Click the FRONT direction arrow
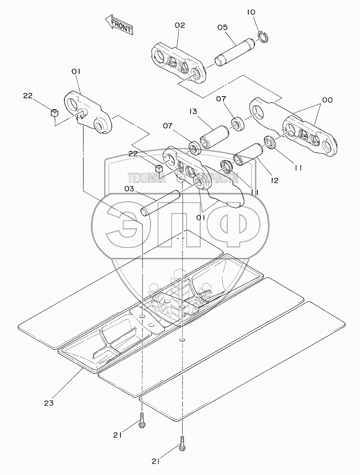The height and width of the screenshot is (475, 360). pos(119,25)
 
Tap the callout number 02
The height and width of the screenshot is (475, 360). pos(180,25)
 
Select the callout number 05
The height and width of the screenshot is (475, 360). pos(223,27)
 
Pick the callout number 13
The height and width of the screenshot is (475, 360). pos(194,112)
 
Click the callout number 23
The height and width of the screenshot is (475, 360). pos(49,403)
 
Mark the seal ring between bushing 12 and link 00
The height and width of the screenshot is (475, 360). pos(269,142)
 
